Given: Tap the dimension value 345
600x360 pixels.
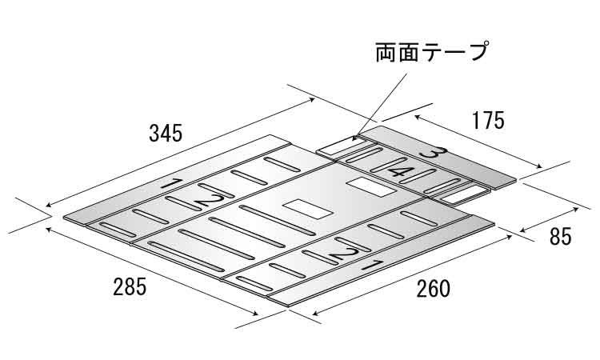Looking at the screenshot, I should [x=166, y=133].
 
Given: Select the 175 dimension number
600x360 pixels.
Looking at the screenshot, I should [x=488, y=121].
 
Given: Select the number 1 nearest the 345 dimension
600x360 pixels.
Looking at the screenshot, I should [x=170, y=185].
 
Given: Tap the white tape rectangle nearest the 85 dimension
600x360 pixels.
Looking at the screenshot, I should [x=462, y=193].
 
